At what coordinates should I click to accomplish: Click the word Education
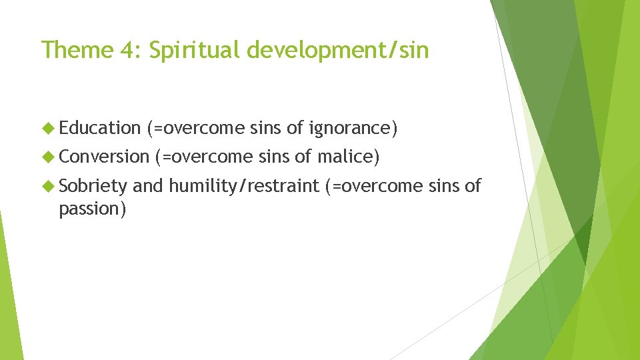tap(99, 127)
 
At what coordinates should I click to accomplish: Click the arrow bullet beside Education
tap(48, 128)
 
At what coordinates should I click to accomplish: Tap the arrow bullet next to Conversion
tap(48, 157)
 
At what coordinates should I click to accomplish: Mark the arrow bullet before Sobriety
tap(48, 187)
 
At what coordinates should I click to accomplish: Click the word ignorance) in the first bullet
tap(353, 127)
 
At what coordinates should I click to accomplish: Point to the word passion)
tap(93, 209)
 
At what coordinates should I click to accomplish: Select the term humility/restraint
tap(244, 186)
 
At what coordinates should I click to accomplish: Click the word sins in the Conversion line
tap(273, 157)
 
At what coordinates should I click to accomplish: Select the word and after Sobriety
tap(148, 186)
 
